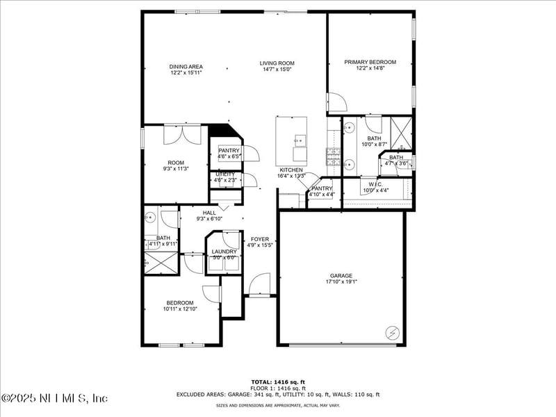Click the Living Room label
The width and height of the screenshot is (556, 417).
pos(277,63)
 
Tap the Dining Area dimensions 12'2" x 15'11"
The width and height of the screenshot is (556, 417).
pos(186,72)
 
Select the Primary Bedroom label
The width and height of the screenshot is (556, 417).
pos(370,62)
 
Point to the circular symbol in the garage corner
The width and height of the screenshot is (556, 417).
pos(392,333)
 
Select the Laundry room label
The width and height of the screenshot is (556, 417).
pos(224,252)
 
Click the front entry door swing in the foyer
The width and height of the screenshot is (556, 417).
pos(260,284)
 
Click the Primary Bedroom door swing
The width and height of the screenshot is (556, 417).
pos(337,102)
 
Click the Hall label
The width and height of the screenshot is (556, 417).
pos(209,213)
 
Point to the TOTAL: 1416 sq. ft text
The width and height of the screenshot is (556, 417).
pos(278,382)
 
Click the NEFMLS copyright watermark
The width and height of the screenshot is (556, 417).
pos(55,398)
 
